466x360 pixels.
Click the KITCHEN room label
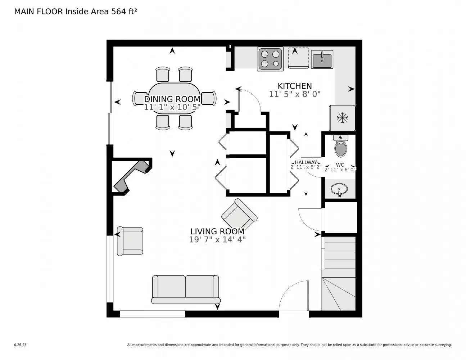coord(294,86)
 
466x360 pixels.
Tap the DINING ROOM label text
coord(172,99)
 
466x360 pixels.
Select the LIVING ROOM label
coord(217,231)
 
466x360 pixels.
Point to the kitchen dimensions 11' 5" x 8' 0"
coord(294,94)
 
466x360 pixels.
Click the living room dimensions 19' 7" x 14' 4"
coord(217,239)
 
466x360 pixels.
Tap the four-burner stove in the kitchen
coord(270,59)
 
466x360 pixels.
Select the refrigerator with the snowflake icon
coord(342,118)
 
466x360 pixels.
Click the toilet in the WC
coord(340,146)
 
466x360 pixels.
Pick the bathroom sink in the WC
coord(339,189)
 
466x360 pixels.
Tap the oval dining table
coord(174,98)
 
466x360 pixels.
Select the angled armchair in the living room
coord(239,216)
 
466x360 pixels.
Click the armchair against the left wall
coord(130,241)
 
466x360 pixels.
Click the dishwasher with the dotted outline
coord(298,58)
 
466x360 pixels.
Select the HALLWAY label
coord(306,162)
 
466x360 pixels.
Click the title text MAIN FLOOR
coord(39,12)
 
